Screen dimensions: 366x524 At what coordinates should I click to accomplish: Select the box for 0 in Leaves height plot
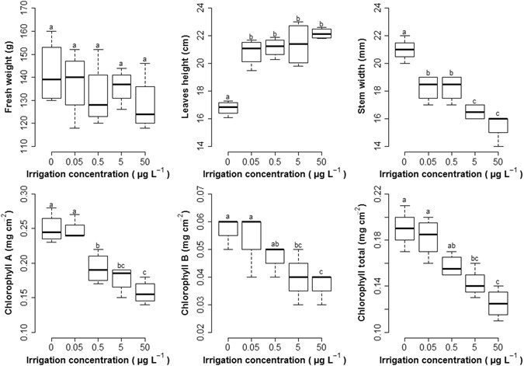click(x=227, y=108)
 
